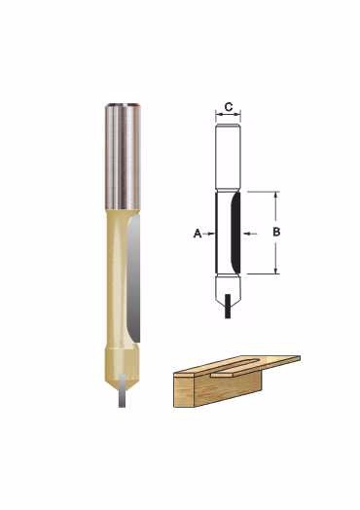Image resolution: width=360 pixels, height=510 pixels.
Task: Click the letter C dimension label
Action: coord(229,106)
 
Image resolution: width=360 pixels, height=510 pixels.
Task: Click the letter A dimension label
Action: coord(198,234)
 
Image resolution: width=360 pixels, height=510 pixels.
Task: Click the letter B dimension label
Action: coord(276,232)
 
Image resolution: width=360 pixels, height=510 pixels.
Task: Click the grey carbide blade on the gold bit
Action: coord(133,279)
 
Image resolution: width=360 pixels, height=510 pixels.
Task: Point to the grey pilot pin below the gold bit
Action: coord(123,390)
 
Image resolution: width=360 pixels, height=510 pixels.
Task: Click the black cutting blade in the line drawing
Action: coord(235,233)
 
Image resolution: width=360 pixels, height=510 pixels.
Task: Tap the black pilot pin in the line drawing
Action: coord(228,306)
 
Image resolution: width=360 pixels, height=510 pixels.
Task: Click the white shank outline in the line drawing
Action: coord(228,157)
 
